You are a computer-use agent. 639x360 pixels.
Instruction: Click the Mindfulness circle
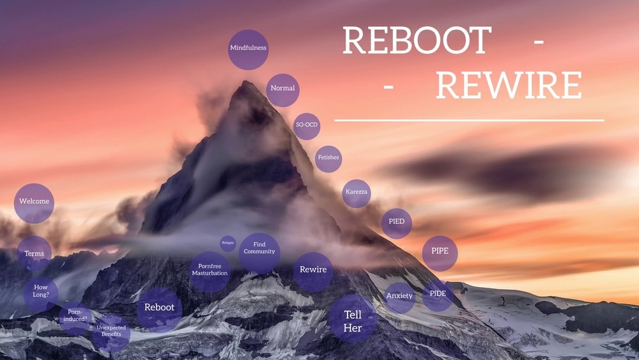point(248,49)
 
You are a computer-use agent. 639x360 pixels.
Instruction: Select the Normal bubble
point(282,89)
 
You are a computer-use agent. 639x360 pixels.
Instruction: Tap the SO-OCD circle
point(307,125)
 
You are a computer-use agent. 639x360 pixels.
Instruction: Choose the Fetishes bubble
point(328,158)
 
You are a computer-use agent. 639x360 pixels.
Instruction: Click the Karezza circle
point(357,192)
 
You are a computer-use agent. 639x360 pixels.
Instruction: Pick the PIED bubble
point(396,223)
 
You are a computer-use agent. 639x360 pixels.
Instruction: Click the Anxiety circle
point(400,297)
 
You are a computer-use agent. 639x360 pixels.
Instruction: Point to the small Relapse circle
point(228,243)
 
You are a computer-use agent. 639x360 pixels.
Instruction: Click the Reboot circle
point(159,308)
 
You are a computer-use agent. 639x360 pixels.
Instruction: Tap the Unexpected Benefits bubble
point(111,331)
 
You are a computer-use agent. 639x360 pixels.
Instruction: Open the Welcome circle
point(34,202)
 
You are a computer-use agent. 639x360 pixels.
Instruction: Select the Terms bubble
point(35,254)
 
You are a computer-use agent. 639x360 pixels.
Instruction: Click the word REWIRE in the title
point(509,86)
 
